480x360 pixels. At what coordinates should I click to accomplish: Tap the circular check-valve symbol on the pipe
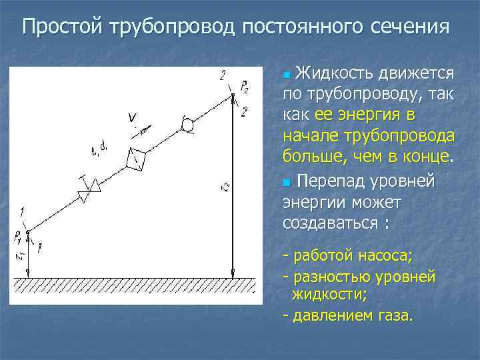click(188, 125)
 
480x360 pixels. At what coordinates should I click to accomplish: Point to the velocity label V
click(133, 118)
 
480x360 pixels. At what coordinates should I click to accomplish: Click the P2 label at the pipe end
click(245, 87)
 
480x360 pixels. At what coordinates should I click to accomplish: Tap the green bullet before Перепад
click(287, 181)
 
